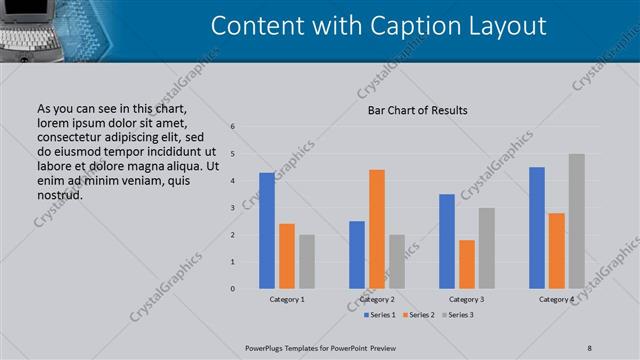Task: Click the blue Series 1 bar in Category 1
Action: click(x=267, y=231)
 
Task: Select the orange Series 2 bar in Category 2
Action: click(x=377, y=229)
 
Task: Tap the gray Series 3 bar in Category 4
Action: click(x=577, y=221)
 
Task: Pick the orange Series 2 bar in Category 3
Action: click(x=467, y=264)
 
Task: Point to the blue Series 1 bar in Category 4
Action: click(x=537, y=228)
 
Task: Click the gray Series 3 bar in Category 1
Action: click(x=307, y=262)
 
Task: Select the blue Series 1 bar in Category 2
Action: click(x=357, y=255)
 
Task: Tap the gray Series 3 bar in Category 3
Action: click(x=487, y=248)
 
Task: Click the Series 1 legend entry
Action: click(x=379, y=315)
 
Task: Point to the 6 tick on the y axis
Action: click(x=232, y=127)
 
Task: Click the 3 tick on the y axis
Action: click(x=232, y=208)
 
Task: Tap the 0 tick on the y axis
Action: click(x=232, y=289)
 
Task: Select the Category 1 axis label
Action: click(x=287, y=299)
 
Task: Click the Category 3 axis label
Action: click(x=467, y=299)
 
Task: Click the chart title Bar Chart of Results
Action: click(x=411, y=110)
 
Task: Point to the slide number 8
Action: click(x=590, y=347)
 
